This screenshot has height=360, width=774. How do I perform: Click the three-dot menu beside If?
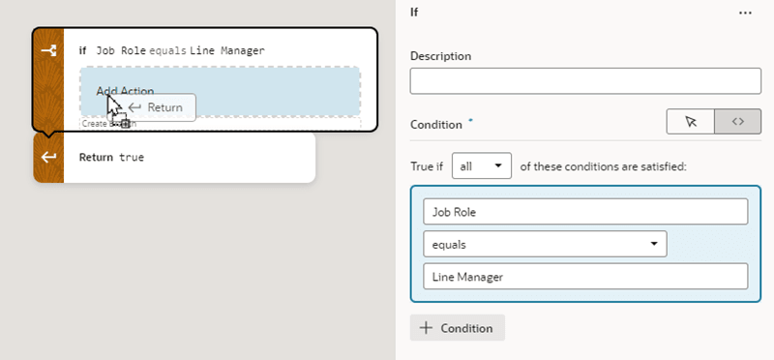[745, 13]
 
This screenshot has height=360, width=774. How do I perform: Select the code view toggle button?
[737, 122]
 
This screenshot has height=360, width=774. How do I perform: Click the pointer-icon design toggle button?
[691, 122]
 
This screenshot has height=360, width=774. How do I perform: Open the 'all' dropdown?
[484, 165]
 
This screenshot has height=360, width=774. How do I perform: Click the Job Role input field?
[585, 212]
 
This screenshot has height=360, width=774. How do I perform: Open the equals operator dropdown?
[545, 244]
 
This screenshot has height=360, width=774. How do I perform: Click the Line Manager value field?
[585, 277]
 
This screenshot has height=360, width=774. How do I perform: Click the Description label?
[440, 56]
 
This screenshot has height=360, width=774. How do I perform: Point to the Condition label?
[437, 124]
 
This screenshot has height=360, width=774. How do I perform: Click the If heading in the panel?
[416, 13]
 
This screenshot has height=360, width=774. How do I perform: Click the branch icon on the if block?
[48, 50]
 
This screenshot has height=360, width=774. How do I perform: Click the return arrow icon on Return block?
[48, 157]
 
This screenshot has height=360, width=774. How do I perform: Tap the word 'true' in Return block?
[132, 157]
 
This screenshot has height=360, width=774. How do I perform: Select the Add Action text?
[125, 91]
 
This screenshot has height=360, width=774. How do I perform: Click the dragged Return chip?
[158, 106]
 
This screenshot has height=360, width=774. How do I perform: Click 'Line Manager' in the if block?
[227, 50]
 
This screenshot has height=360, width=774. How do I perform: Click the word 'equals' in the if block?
[168, 50]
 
